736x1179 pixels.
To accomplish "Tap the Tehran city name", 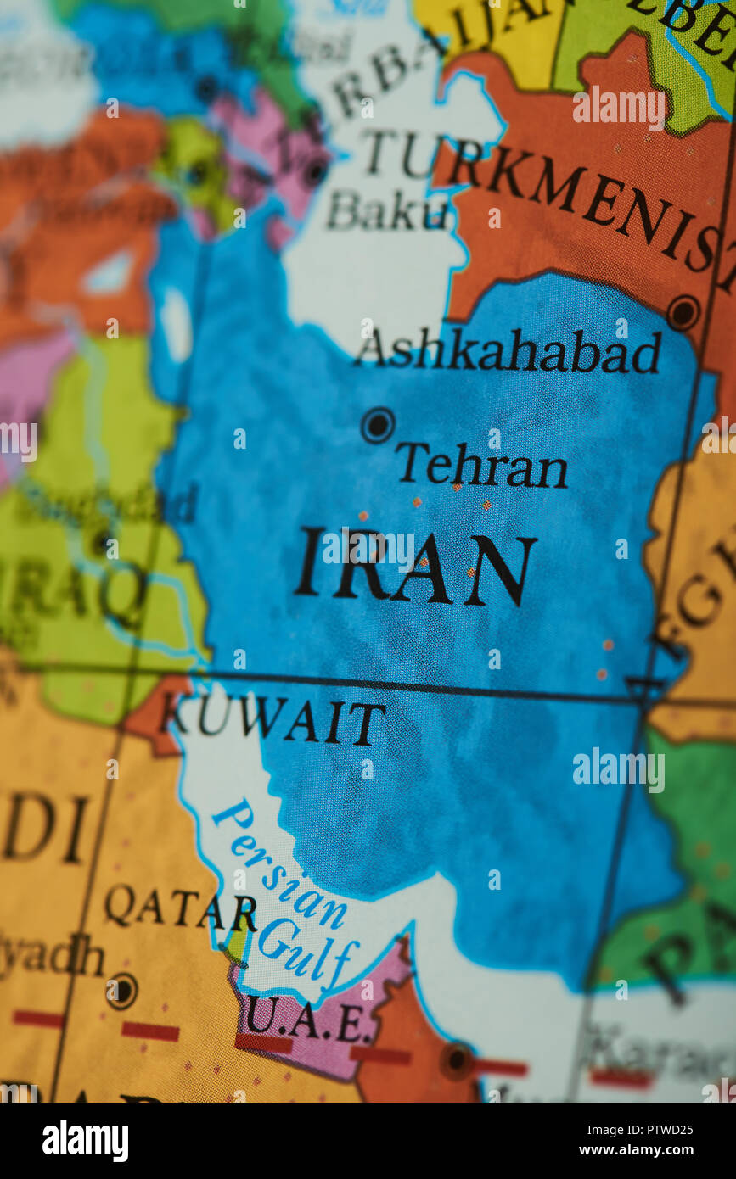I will tap(481, 466).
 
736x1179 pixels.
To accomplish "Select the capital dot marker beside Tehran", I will tap(378, 425).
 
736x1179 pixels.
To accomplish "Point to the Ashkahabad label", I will tap(508, 351).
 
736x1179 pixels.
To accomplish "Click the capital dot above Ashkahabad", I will tap(683, 312).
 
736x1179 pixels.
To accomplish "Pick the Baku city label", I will tap(386, 211).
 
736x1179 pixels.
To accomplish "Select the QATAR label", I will tap(180, 908).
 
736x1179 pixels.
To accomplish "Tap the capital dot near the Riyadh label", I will tap(122, 991).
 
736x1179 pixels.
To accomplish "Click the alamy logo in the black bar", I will tap(85, 1140).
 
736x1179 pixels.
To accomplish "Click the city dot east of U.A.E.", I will tap(458, 1059).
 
